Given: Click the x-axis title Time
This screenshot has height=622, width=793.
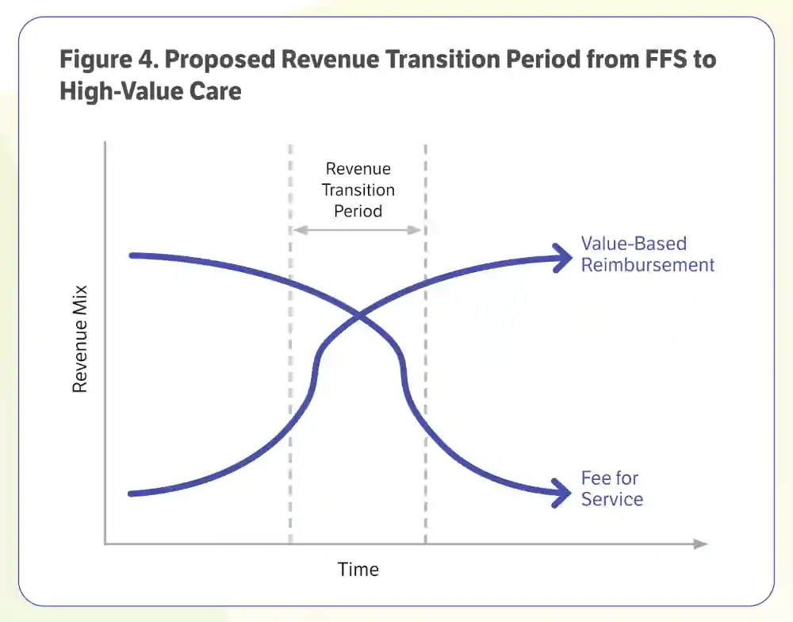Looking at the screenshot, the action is click(x=358, y=570).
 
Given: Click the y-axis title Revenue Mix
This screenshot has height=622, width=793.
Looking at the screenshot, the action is click(x=80, y=339).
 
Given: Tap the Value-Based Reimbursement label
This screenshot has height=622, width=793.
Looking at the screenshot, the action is click(x=647, y=254).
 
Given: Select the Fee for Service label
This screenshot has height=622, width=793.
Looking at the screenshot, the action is click(x=612, y=489).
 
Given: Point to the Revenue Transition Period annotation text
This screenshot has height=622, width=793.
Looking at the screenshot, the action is click(x=358, y=190).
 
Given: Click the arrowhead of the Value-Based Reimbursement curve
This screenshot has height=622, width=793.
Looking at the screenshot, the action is click(x=564, y=258).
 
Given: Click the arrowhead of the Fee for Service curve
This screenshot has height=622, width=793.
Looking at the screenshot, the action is click(x=563, y=493).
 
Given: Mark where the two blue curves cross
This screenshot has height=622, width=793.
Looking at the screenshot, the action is click(x=359, y=317).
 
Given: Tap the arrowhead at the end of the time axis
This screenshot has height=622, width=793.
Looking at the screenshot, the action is click(x=701, y=544).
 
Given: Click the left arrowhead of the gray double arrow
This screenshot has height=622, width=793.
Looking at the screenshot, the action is click(x=301, y=230).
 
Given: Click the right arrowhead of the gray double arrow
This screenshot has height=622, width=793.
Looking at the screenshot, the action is click(x=415, y=230).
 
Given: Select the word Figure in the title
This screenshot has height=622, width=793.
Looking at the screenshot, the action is click(x=96, y=60).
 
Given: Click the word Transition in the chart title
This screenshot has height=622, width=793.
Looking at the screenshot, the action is click(x=443, y=60).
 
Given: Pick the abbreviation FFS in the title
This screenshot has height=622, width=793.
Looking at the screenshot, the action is click(x=665, y=60).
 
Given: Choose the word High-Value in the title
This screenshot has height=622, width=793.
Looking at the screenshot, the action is click(x=121, y=92).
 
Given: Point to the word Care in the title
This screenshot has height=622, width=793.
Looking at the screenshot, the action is click(x=216, y=91).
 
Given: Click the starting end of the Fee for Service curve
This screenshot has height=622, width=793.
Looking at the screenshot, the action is click(x=131, y=255).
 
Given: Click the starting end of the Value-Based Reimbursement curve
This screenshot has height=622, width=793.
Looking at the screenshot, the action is click(x=130, y=494).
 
